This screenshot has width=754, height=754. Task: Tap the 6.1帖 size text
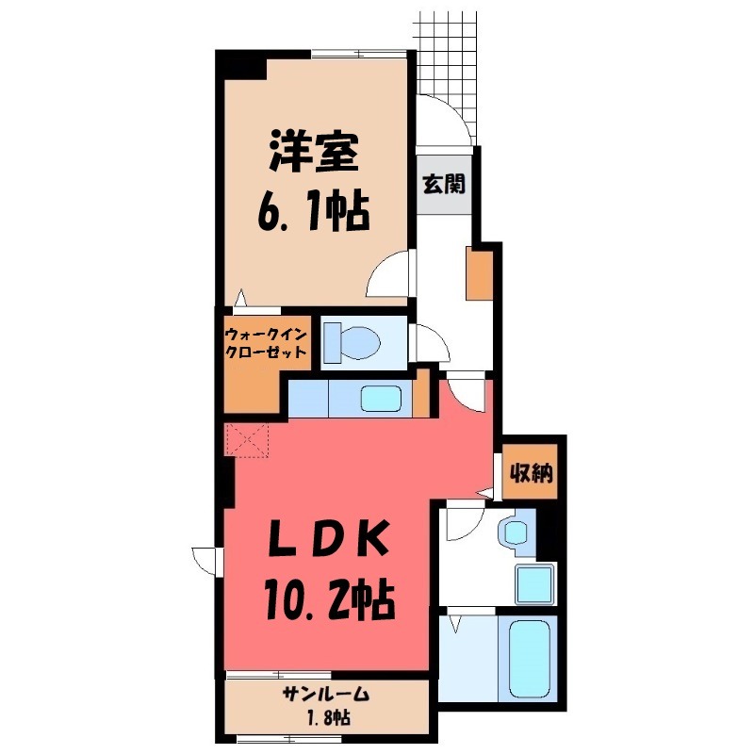(x=314, y=210)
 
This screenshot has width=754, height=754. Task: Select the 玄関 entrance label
(x=444, y=183)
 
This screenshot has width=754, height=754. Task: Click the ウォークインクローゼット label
(x=266, y=343)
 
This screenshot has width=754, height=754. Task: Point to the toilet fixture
(x=352, y=342)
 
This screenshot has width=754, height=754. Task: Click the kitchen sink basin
(x=382, y=398)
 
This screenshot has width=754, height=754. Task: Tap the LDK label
(x=327, y=538)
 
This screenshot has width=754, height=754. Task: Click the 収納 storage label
(x=531, y=473)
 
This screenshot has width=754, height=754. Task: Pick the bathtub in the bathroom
(x=529, y=658)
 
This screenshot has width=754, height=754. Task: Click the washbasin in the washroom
(x=515, y=532)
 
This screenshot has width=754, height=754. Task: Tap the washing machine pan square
(x=534, y=583)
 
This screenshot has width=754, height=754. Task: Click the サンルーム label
(x=325, y=694)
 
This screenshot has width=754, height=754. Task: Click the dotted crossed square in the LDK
(x=247, y=439)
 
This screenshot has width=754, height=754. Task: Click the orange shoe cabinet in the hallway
(x=480, y=273)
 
